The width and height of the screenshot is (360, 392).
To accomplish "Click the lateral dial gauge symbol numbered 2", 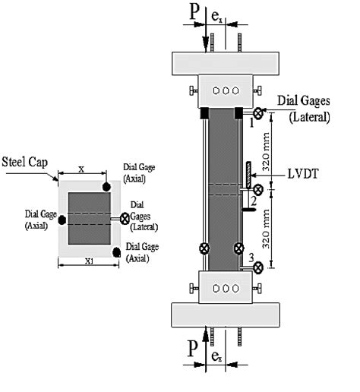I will coord(260,189).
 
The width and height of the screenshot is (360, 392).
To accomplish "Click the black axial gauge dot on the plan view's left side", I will coord(62,220).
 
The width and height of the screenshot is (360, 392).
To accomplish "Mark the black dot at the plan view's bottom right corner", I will coord(116,251).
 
